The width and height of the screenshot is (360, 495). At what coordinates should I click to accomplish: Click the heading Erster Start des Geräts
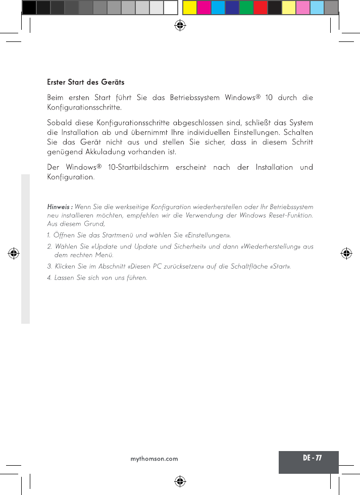pyautogui.click(x=85, y=82)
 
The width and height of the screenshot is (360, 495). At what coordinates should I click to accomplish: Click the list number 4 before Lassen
pyautogui.click(x=49, y=278)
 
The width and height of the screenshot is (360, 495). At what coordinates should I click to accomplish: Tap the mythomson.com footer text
pyautogui.click(x=155, y=459)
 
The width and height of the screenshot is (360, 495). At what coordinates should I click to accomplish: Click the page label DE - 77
pyautogui.click(x=312, y=458)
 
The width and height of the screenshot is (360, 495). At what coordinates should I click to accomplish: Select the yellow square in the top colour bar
pyautogui.click(x=189, y=8)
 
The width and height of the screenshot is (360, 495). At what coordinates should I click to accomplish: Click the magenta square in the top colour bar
pyautogui.click(x=204, y=8)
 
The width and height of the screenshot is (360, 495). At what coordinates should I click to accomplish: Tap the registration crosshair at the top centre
pyautogui.click(x=180, y=24)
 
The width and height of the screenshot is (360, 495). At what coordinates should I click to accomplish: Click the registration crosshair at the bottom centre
pyautogui.click(x=180, y=481)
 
